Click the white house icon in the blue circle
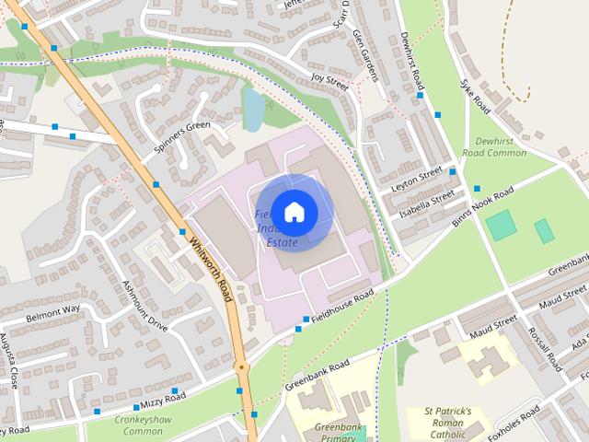point(294,212)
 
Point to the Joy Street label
point(329,82)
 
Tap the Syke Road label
point(476,96)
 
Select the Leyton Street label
point(417,176)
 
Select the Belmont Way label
point(52,308)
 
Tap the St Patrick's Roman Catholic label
point(447,422)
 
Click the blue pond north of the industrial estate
point(252,107)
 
